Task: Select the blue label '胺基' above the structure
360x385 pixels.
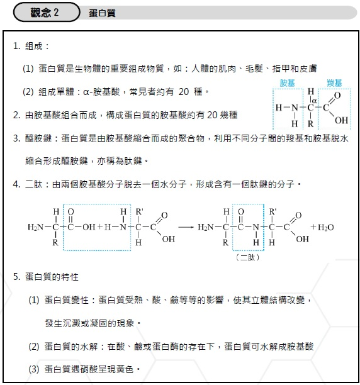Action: click(288, 82)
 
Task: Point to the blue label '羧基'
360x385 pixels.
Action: click(334, 82)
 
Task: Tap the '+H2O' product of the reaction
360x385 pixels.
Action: click(323, 226)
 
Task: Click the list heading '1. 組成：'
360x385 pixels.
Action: click(31, 47)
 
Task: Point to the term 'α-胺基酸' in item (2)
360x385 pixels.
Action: click(103, 92)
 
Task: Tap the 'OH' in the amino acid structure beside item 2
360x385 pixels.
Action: click(341, 120)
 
